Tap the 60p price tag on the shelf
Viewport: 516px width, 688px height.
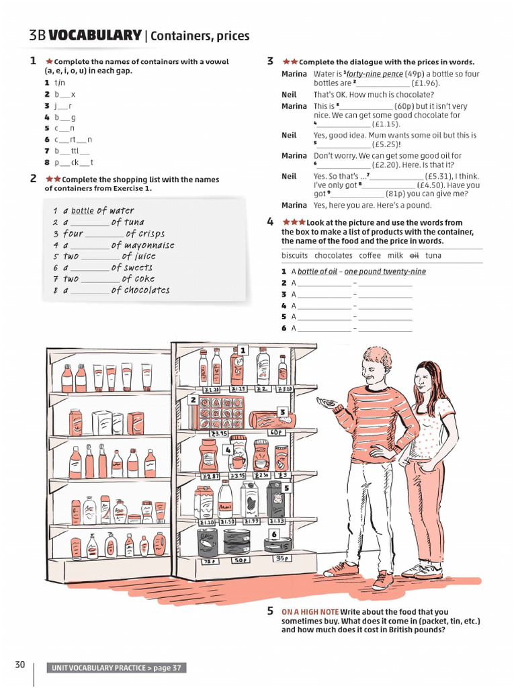click(277, 433)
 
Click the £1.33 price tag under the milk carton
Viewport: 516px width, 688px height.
click(277, 521)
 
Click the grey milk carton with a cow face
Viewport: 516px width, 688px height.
click(275, 501)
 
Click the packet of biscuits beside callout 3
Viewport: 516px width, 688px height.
click(271, 421)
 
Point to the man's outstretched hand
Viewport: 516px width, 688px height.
click(327, 404)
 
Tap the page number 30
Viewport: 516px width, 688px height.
click(20, 665)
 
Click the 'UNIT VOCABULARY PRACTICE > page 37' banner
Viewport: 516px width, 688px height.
click(116, 668)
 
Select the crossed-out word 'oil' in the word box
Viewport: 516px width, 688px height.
click(414, 255)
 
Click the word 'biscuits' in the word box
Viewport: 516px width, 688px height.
click(294, 255)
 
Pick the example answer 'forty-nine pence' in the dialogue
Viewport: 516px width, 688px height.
click(374, 74)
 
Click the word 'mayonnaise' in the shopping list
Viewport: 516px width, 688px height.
click(149, 245)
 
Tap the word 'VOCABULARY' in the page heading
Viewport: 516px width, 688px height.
click(95, 36)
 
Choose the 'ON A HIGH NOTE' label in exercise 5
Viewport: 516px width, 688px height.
click(310, 611)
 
